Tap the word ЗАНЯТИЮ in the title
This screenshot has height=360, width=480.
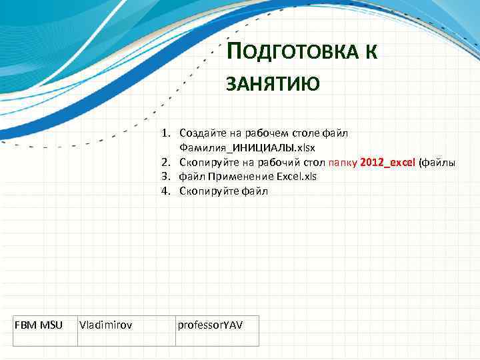(x=273, y=84)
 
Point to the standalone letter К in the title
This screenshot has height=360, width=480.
(x=371, y=53)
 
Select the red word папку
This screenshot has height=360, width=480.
(x=342, y=162)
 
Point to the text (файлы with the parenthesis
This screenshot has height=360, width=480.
(x=437, y=162)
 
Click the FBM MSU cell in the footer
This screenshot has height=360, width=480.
(x=39, y=325)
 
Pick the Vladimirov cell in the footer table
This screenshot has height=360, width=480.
(x=105, y=325)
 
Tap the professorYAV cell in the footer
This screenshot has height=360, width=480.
(x=210, y=325)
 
